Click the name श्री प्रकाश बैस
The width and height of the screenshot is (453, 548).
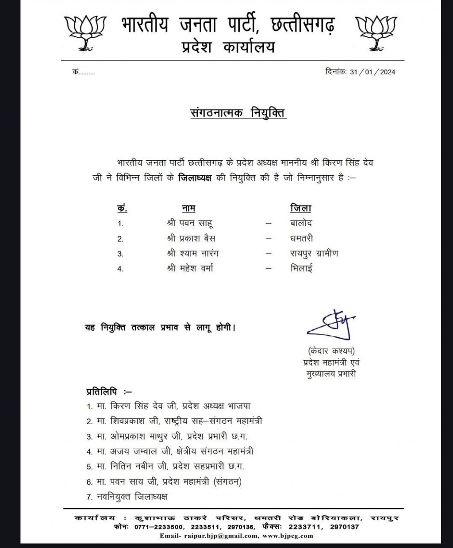192,238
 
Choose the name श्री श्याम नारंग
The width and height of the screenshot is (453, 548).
193,253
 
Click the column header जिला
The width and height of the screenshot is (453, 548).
301,208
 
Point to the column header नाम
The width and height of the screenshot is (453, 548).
188,208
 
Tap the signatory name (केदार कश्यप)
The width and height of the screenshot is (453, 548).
331,351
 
